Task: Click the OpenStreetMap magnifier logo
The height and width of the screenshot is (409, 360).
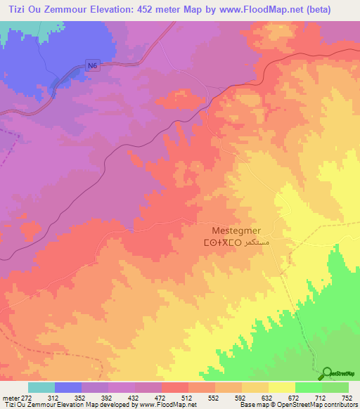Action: point(328,372)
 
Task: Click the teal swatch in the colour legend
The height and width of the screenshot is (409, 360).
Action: point(41,387)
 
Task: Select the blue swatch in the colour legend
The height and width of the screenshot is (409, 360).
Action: point(68,387)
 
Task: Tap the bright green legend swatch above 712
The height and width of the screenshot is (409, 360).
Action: point(309,387)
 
